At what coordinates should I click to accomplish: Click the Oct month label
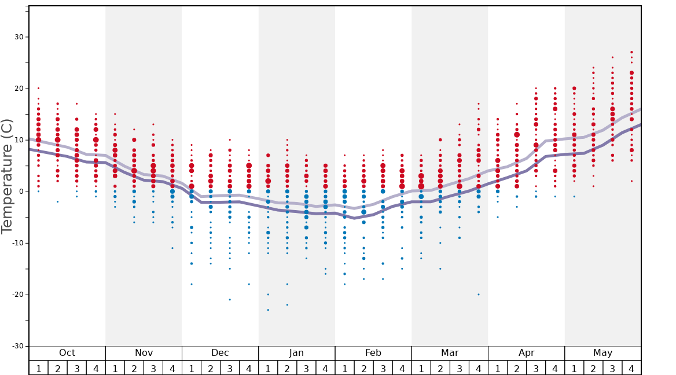(67, 353)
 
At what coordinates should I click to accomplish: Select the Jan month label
(296, 353)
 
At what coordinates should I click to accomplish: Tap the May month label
(602, 353)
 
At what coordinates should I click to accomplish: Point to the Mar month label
(450, 353)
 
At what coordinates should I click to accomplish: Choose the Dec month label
(220, 353)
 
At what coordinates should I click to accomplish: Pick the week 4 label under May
(631, 368)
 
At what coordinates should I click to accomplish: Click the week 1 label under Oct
(38, 368)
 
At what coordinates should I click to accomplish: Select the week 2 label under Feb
(363, 368)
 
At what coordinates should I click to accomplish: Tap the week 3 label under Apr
(536, 368)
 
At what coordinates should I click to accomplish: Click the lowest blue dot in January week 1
(268, 310)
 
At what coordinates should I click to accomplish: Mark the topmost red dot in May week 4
(631, 52)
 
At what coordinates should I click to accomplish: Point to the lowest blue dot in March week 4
(479, 295)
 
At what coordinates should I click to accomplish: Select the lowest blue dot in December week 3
(230, 299)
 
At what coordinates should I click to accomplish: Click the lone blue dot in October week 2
(57, 201)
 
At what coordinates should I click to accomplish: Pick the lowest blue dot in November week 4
(172, 248)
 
